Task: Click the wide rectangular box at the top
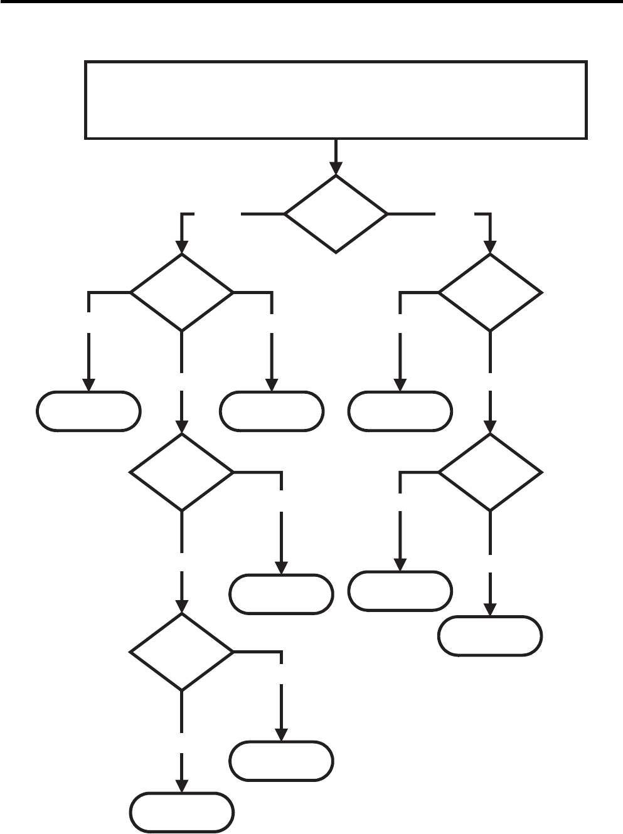(336, 100)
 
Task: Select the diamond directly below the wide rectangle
(336, 214)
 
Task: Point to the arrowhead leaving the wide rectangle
(336, 168)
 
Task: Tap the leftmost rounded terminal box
(88, 411)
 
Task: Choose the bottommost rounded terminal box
(182, 813)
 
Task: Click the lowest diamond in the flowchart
(182, 652)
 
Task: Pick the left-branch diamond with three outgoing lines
(182, 292)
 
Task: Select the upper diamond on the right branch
(490, 292)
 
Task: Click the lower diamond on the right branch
(490, 472)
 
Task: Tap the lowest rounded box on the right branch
(490, 636)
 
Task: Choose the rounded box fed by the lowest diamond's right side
(281, 761)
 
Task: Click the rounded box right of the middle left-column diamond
(281, 594)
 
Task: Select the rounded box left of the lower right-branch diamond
(400, 591)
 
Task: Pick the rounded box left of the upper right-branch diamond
(400, 411)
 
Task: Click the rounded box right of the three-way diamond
(272, 411)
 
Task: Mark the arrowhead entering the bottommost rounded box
(182, 786)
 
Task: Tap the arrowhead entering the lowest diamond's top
(182, 606)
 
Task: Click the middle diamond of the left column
(182, 472)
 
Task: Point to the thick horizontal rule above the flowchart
(311, 2)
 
